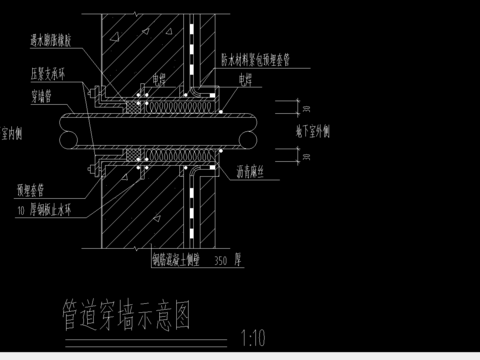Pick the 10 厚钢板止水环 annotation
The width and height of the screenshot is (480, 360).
pos(52,212)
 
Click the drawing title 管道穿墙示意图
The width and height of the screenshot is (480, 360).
pos(125,315)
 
